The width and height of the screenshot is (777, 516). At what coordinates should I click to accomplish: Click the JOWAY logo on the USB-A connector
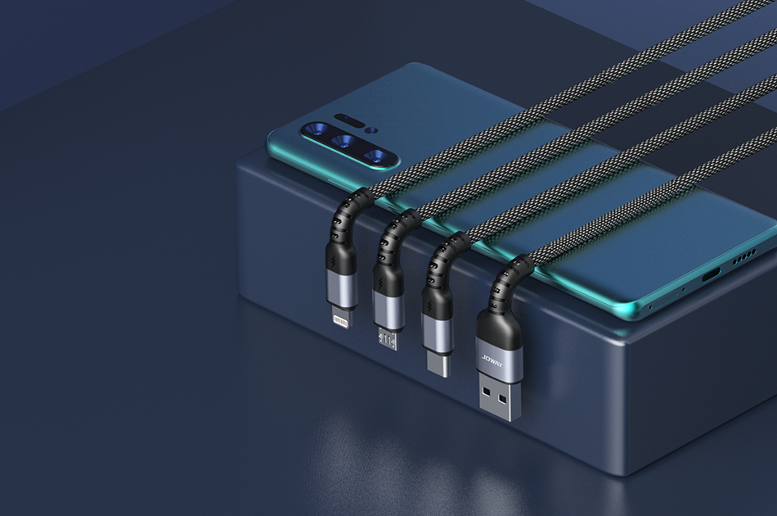click(x=492, y=364)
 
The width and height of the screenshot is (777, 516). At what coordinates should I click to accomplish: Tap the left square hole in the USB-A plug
click(x=487, y=393)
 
